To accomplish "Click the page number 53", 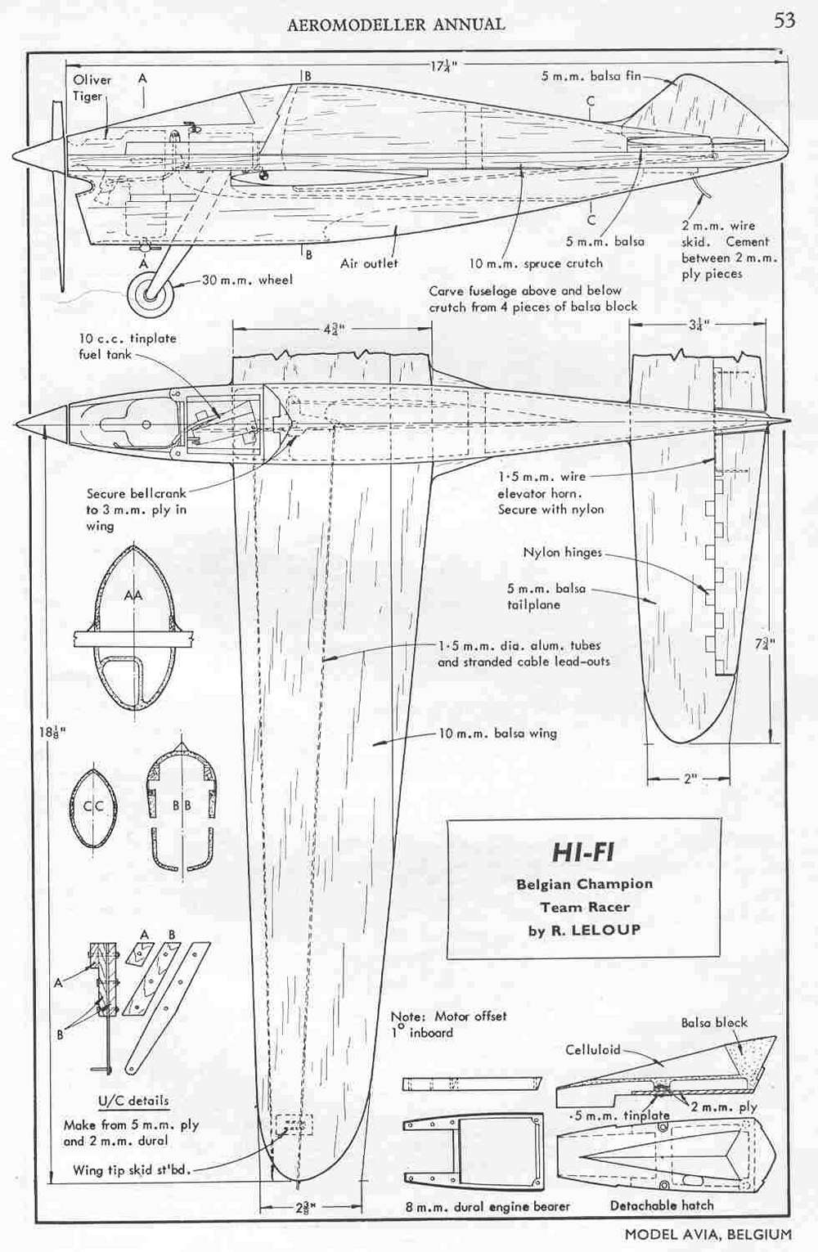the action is point(784,20).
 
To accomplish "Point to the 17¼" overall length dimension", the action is point(443,66).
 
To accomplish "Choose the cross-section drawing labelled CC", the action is point(93,807).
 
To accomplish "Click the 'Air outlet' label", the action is point(369,263).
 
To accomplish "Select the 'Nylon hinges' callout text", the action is point(562,552).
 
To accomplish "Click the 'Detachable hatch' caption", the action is point(662,1205).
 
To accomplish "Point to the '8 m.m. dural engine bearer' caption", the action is point(488,1206).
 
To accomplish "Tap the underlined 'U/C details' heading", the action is point(133,1100).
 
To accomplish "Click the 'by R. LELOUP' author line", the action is point(584,931).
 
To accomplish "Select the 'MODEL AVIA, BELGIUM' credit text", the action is point(708,1234).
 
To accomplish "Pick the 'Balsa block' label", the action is point(714,1021).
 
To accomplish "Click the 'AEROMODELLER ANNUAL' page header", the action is point(395,24).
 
